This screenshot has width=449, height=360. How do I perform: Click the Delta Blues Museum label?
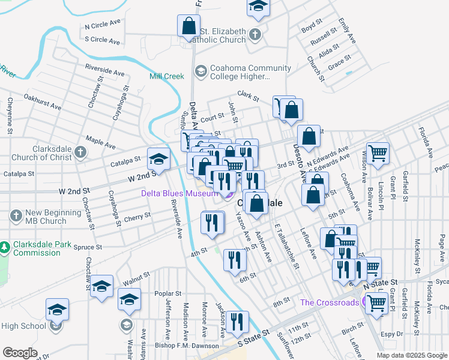click(x=179, y=193)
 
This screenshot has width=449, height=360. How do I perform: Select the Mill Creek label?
click(x=166, y=76)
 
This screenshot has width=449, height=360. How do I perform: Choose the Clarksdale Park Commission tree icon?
click(x=5, y=247)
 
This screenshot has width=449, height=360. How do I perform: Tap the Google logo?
click(x=20, y=353)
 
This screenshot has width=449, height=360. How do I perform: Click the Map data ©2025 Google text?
click(x=412, y=355)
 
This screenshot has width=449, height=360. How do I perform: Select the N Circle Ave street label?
click(x=103, y=26)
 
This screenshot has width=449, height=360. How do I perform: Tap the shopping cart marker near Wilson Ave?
click(x=378, y=154)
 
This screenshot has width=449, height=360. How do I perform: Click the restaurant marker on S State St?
click(x=237, y=322)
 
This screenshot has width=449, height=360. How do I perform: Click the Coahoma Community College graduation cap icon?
click(x=200, y=72)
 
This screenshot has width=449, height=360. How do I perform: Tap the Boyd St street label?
click(x=312, y=28)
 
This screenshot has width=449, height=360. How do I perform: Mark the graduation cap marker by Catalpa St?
click(x=158, y=158)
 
